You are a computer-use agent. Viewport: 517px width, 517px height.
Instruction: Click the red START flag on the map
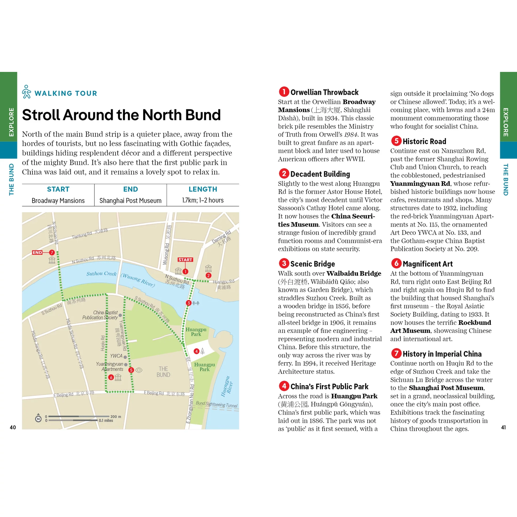[x=185, y=260]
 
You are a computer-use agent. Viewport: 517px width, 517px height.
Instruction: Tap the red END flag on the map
[x=37, y=252]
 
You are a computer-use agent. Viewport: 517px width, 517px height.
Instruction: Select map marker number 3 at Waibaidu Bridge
[x=189, y=303]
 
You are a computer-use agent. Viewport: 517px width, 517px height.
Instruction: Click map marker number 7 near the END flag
[x=52, y=252]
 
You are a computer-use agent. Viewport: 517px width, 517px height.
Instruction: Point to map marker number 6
[x=111, y=377]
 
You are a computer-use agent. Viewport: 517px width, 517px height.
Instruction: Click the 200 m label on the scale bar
[x=116, y=416]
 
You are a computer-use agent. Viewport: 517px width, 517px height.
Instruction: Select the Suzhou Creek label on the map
[x=102, y=274]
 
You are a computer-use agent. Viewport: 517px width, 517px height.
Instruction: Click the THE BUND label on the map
[x=163, y=372]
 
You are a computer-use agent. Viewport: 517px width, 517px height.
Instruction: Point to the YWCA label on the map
[x=116, y=356]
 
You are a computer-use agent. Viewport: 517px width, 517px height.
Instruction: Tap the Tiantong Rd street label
[x=82, y=235]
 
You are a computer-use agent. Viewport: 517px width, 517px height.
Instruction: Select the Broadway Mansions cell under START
[x=58, y=200]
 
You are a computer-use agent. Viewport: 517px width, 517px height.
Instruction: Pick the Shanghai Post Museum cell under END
[x=130, y=200]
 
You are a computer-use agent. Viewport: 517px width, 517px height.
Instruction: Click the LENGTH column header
[x=203, y=189]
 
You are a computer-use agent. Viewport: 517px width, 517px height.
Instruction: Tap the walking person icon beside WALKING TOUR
[x=27, y=92]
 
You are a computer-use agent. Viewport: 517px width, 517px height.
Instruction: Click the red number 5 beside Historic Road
[x=396, y=141]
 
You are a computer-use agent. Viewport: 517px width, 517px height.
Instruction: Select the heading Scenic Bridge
[x=313, y=264]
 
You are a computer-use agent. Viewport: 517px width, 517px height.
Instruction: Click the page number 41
[x=503, y=427]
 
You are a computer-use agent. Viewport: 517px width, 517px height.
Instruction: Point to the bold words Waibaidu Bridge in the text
[x=354, y=273]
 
